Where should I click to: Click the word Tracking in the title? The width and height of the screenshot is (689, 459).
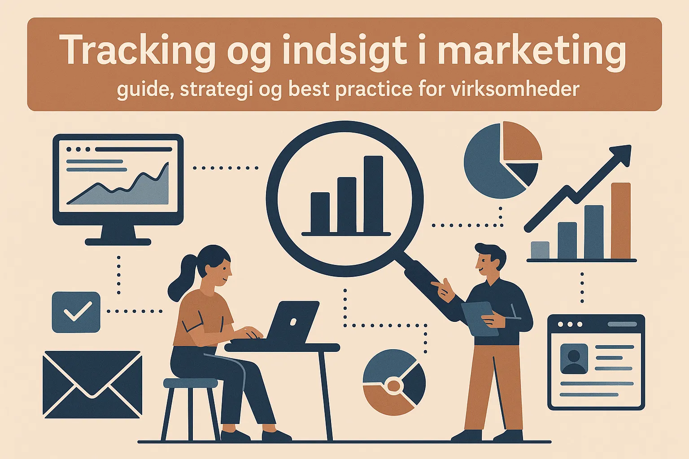(137, 50)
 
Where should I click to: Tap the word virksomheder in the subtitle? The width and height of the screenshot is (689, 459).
(515, 90)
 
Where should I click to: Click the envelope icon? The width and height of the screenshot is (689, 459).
(92, 384)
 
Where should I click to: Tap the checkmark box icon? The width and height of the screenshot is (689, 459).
(76, 312)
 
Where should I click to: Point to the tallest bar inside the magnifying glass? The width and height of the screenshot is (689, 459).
(373, 194)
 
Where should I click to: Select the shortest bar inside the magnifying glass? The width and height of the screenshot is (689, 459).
(320, 212)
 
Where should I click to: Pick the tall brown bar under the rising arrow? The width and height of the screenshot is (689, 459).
(621, 221)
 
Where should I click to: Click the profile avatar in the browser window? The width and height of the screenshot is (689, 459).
(574, 359)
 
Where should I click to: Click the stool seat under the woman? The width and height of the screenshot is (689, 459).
(190, 383)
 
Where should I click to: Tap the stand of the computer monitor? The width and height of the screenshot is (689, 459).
(118, 235)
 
